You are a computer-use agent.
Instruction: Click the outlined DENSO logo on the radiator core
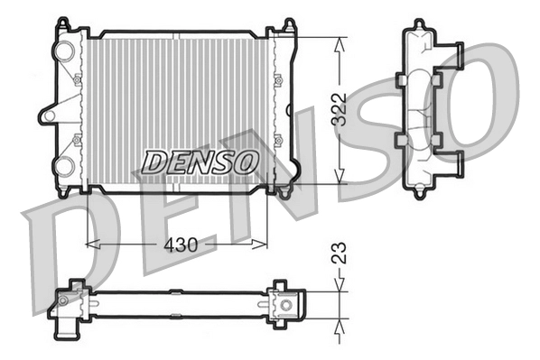[x=200, y=162]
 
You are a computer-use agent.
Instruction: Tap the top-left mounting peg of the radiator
[x=62, y=23]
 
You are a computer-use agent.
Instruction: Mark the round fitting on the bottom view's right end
[x=286, y=304]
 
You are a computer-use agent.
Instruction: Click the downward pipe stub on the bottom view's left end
[x=66, y=331]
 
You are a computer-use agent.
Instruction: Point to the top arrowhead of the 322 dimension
[x=340, y=42]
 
